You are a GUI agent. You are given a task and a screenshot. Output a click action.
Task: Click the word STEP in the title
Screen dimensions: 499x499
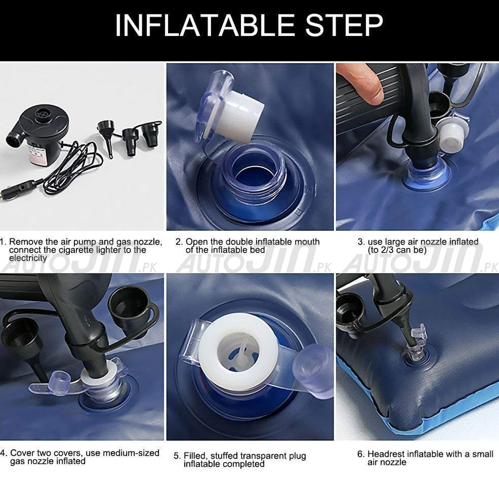coord(344,25)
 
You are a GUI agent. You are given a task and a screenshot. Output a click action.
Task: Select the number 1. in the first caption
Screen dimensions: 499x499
coord(3,242)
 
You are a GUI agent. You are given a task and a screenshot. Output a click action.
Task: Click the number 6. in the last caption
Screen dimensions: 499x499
coord(361,454)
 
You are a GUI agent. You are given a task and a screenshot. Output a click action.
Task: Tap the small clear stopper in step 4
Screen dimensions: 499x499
coord(60,379)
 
